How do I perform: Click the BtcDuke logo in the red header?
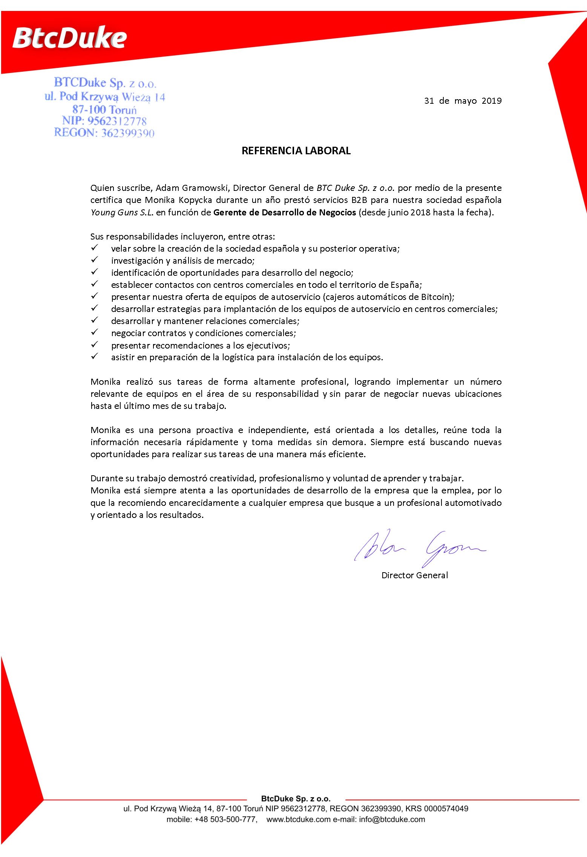click(x=70, y=38)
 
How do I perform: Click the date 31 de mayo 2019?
click(x=463, y=101)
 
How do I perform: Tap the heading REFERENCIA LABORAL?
click(x=296, y=151)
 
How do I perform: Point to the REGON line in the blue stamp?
click(x=104, y=133)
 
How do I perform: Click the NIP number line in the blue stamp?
click(x=104, y=121)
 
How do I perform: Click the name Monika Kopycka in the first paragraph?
click(x=178, y=200)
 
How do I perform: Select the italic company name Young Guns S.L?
click(x=122, y=212)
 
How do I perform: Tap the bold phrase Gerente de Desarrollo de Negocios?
click(x=285, y=212)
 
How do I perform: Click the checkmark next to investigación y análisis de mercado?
click(x=94, y=260)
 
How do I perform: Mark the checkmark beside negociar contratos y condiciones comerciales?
click(x=94, y=332)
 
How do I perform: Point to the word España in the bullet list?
click(x=405, y=285)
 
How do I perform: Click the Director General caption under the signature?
click(x=415, y=575)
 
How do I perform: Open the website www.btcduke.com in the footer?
click(x=298, y=819)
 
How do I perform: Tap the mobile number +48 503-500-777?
click(x=226, y=819)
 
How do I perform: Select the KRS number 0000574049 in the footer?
click(x=446, y=809)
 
